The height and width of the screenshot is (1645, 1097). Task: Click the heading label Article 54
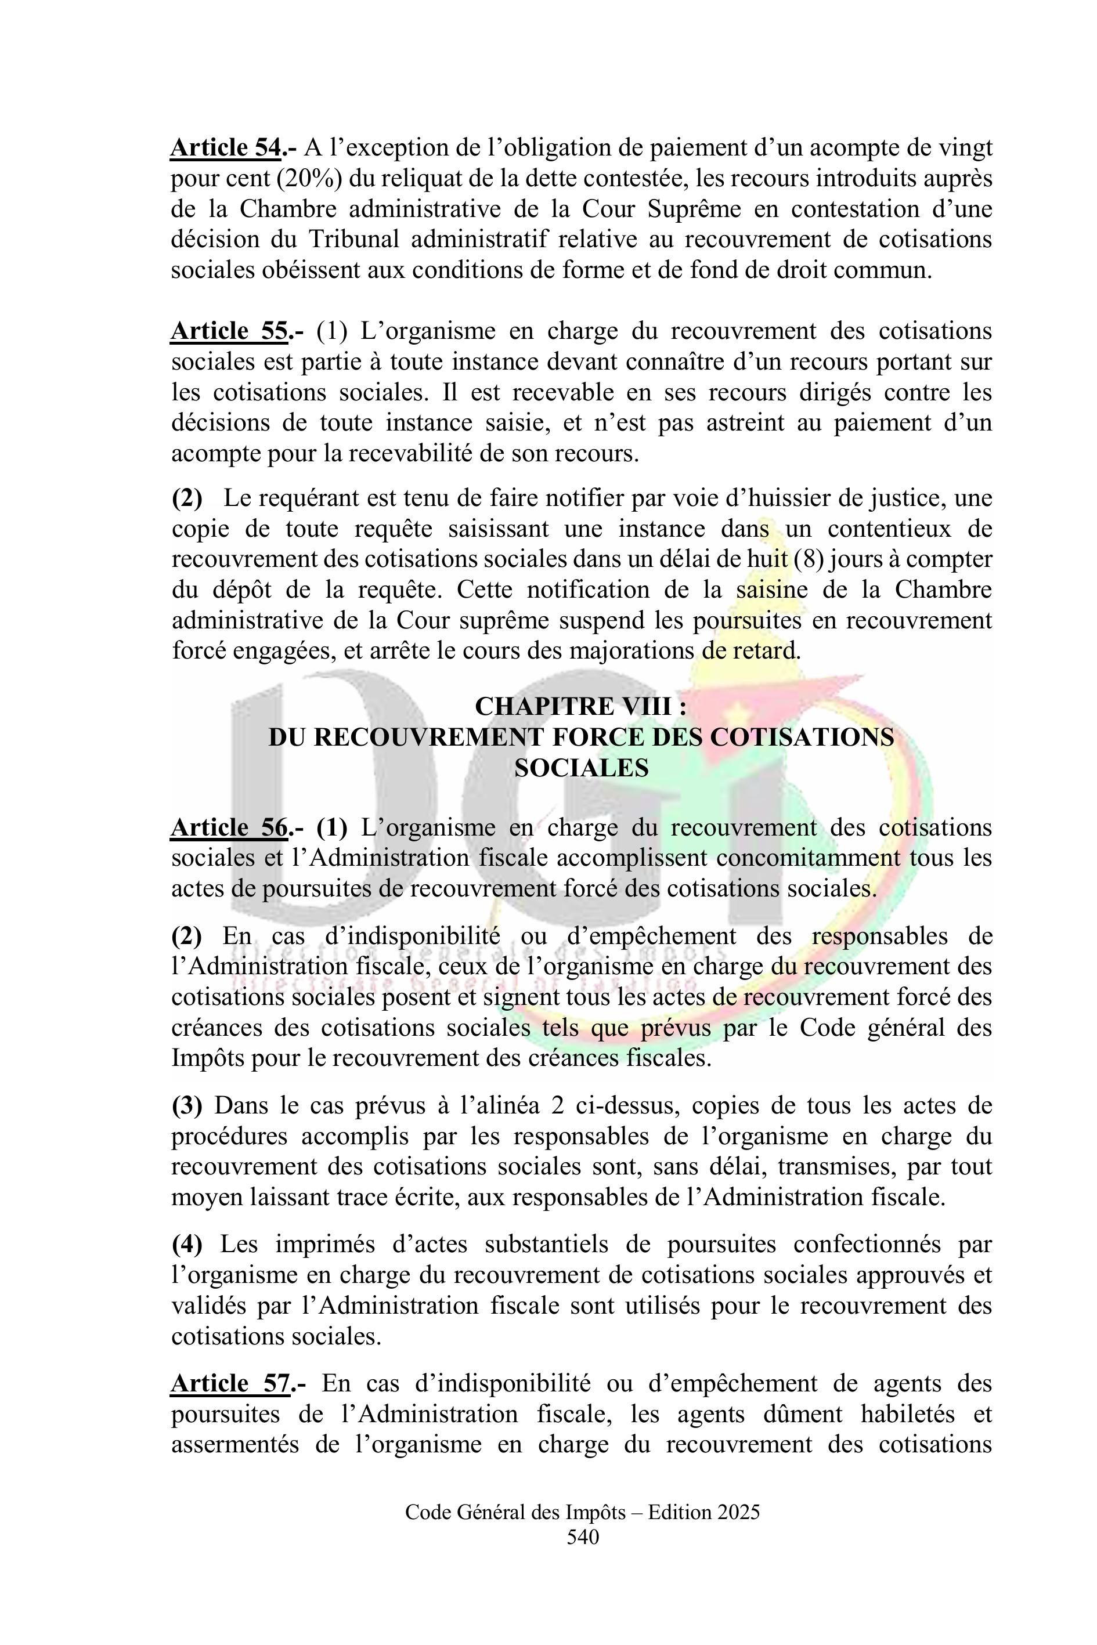(x=227, y=149)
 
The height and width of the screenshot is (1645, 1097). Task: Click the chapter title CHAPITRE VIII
(x=580, y=706)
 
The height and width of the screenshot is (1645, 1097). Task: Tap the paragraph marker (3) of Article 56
(x=187, y=1106)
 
